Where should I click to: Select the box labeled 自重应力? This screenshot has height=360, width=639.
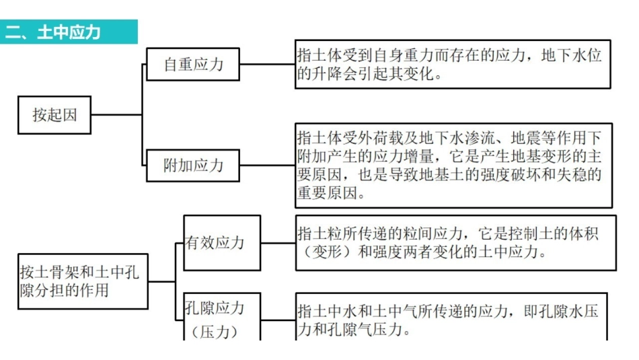193,65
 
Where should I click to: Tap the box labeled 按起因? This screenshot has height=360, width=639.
54,114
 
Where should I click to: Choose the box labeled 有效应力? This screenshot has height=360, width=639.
222,243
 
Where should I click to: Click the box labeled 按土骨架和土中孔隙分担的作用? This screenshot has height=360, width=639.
83,281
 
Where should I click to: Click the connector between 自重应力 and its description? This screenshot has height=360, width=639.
267,65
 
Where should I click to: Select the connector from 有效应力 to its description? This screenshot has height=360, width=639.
278,243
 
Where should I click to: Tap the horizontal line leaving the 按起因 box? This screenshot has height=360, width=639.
116,114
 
